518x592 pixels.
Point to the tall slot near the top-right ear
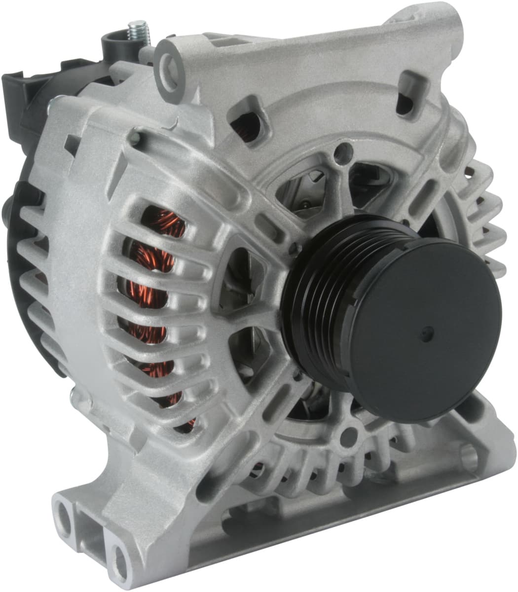coord(407,93)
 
